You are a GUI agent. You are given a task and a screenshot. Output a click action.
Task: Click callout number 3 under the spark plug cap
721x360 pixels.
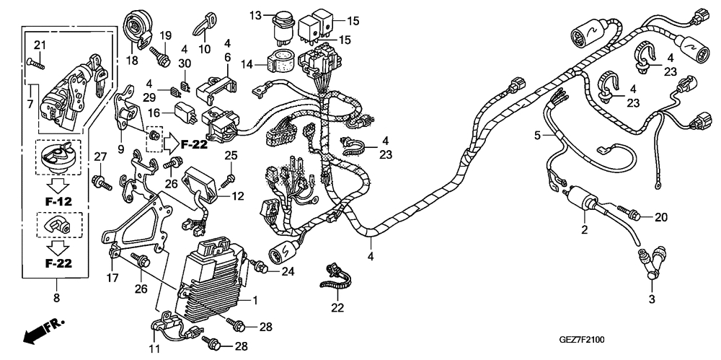[651, 299]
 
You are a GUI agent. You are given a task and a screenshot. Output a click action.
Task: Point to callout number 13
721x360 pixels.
[256, 14]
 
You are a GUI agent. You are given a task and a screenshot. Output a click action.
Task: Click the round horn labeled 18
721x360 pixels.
[137, 27]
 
